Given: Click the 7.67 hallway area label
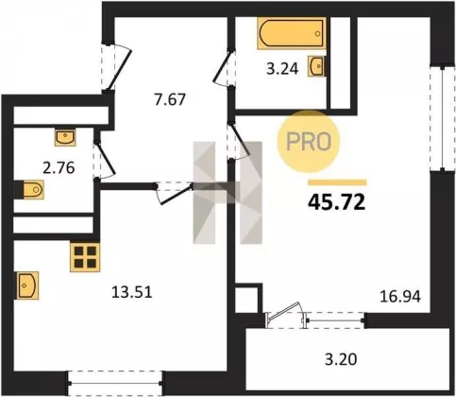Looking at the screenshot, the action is (170, 100).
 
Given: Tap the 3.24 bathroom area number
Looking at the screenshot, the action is (282, 69).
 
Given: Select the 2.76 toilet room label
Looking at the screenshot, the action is (59, 167).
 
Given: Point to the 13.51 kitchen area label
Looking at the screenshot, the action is (132, 292).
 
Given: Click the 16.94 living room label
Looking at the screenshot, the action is (400, 297).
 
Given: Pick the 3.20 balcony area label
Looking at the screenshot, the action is (341, 359).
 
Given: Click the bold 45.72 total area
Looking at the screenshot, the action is (337, 201).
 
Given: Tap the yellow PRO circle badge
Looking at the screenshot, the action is (309, 142).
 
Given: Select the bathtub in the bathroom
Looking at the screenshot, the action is (292, 33).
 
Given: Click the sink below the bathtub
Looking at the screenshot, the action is (317, 66).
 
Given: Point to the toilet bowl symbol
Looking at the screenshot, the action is (31, 190).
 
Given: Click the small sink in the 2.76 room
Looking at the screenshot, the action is (65, 137).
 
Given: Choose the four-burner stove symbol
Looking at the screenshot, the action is (85, 257).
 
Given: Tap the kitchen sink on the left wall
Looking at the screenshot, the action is (27, 285).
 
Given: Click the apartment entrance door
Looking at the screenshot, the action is (115, 67).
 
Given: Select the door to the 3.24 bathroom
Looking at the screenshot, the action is (225, 68).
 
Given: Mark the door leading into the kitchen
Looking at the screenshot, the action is (174, 193).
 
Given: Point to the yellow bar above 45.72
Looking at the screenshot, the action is (337, 182).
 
